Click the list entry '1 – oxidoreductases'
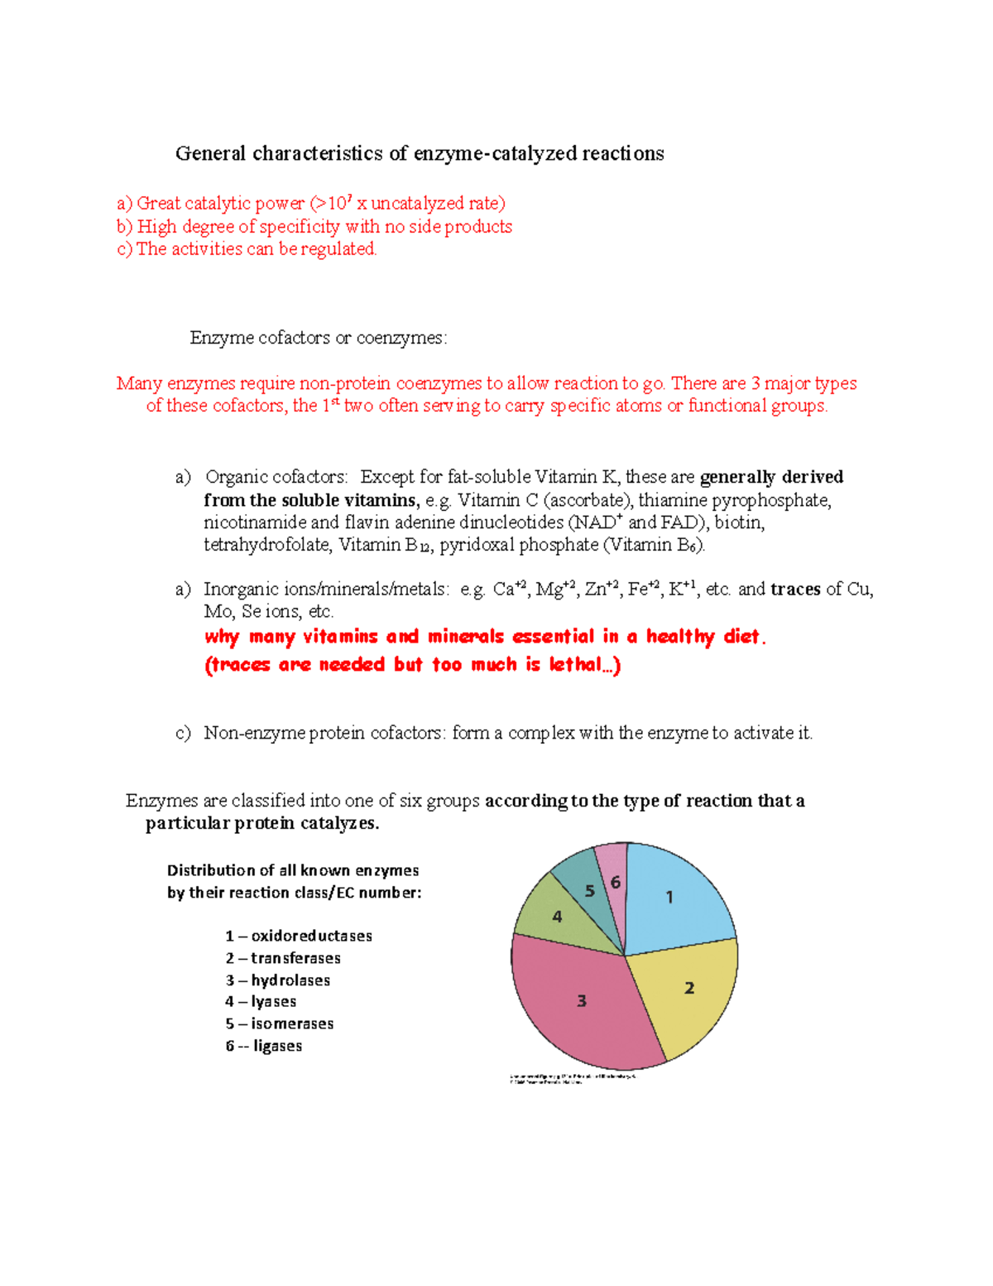(x=299, y=936)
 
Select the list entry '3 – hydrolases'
(x=278, y=980)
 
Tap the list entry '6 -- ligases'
(x=264, y=1046)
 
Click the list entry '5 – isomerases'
(x=280, y=1024)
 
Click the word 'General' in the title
(x=210, y=154)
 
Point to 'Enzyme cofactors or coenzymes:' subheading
(x=319, y=338)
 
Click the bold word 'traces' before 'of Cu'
(x=795, y=590)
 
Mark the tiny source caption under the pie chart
(x=571, y=1079)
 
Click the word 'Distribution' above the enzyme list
(x=209, y=870)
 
